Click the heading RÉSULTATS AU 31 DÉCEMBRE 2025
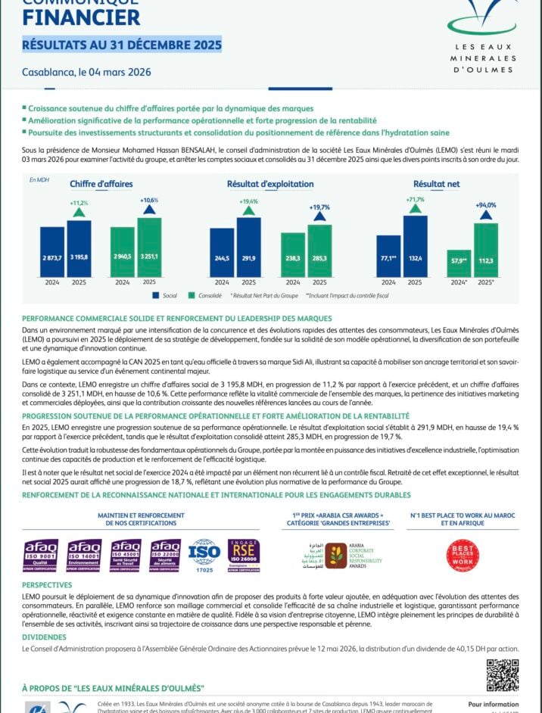(x=122, y=45)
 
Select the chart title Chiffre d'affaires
(x=101, y=184)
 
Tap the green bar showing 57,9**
(x=459, y=263)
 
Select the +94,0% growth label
(x=485, y=205)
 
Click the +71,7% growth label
(x=415, y=200)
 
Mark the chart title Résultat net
(x=436, y=184)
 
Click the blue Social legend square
(x=156, y=295)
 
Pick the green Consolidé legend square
(x=192, y=295)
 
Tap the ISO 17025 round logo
(x=204, y=553)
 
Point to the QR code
(x=502, y=674)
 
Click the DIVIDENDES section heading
(x=44, y=637)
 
